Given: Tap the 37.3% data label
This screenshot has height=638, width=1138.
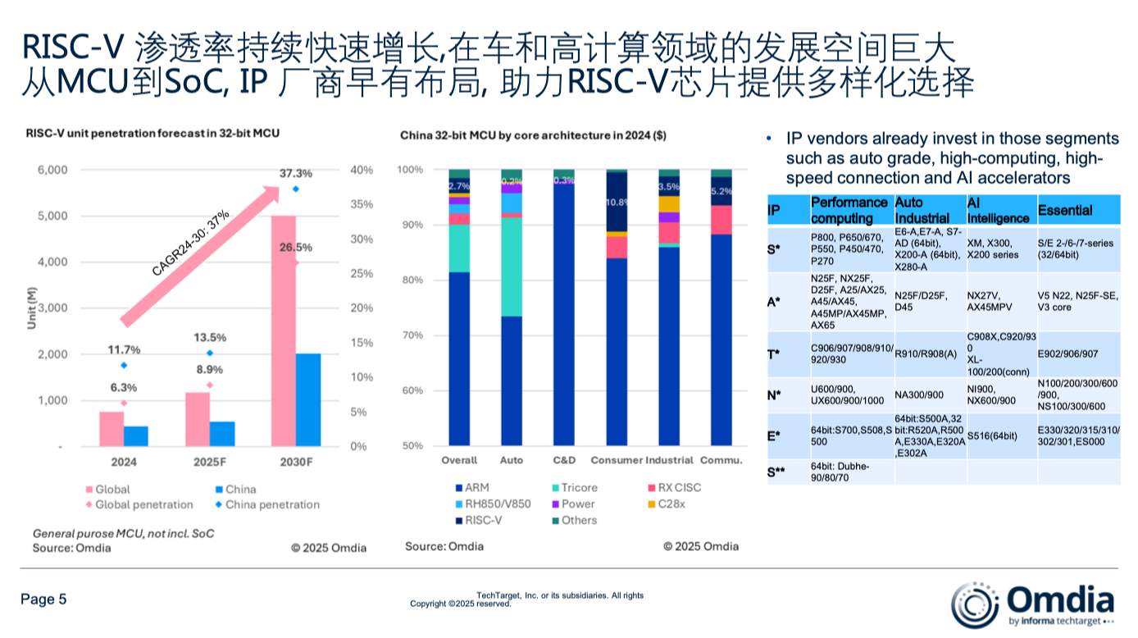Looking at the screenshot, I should pos(295,174).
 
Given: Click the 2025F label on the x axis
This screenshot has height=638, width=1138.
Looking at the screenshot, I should pos(210,462).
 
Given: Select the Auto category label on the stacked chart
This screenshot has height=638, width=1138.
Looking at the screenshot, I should pos(511,460).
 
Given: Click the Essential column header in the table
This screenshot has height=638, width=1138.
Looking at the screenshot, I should pos(1064,211).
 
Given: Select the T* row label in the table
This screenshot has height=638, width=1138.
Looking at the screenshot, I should pos(774,353).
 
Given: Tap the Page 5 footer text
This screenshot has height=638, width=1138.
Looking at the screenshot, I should pos(43,599).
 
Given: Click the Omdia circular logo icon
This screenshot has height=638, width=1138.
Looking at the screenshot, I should pos(974,605).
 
